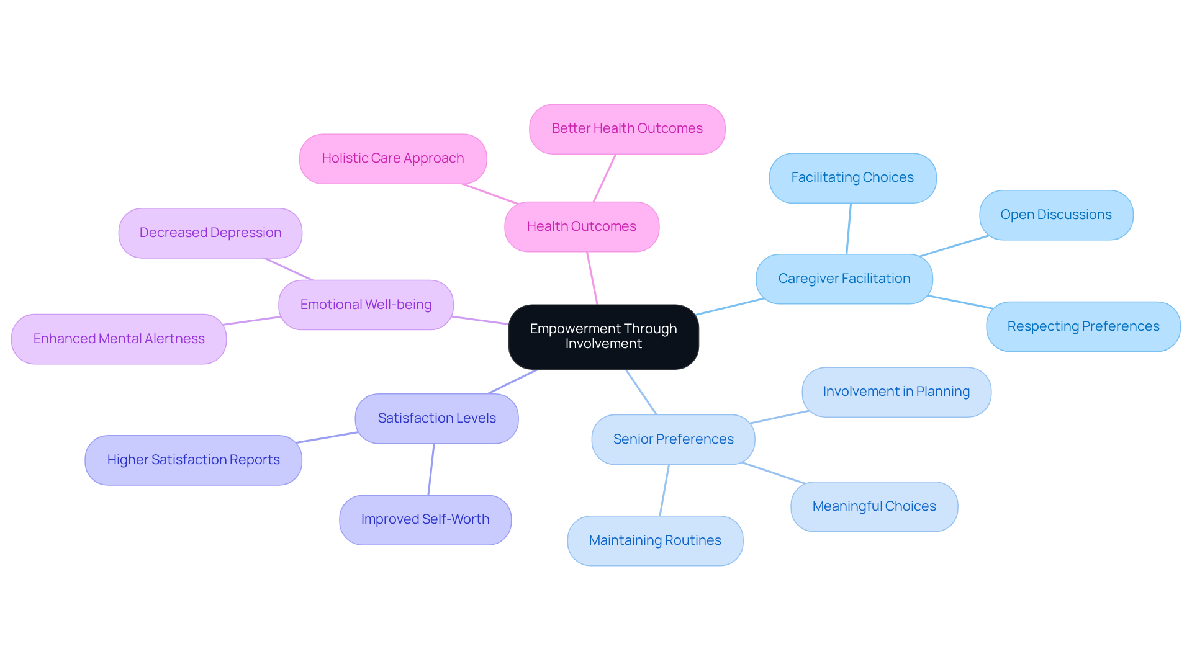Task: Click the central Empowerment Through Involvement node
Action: click(x=603, y=336)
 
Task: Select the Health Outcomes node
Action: click(x=581, y=226)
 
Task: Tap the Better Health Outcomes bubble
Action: click(x=626, y=128)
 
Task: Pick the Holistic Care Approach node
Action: click(x=392, y=158)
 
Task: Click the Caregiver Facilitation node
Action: click(x=844, y=279)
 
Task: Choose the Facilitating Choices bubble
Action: click(x=852, y=177)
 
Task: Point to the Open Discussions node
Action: click(x=1055, y=215)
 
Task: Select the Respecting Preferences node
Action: click(x=1083, y=326)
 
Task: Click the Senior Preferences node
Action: click(x=673, y=439)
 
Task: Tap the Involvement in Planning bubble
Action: click(x=896, y=392)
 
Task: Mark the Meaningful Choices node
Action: click(x=874, y=506)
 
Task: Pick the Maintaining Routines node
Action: click(x=654, y=540)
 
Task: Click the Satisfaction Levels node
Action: click(x=436, y=418)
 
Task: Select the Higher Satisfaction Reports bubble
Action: click(x=193, y=460)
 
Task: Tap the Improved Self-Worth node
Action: click(x=425, y=519)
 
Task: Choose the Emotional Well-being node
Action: click(x=366, y=305)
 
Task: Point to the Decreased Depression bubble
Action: click(x=210, y=233)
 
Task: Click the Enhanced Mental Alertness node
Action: click(x=119, y=339)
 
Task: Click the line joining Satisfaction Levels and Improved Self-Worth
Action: click(x=431, y=469)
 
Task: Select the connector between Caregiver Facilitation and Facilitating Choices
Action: click(x=849, y=228)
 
